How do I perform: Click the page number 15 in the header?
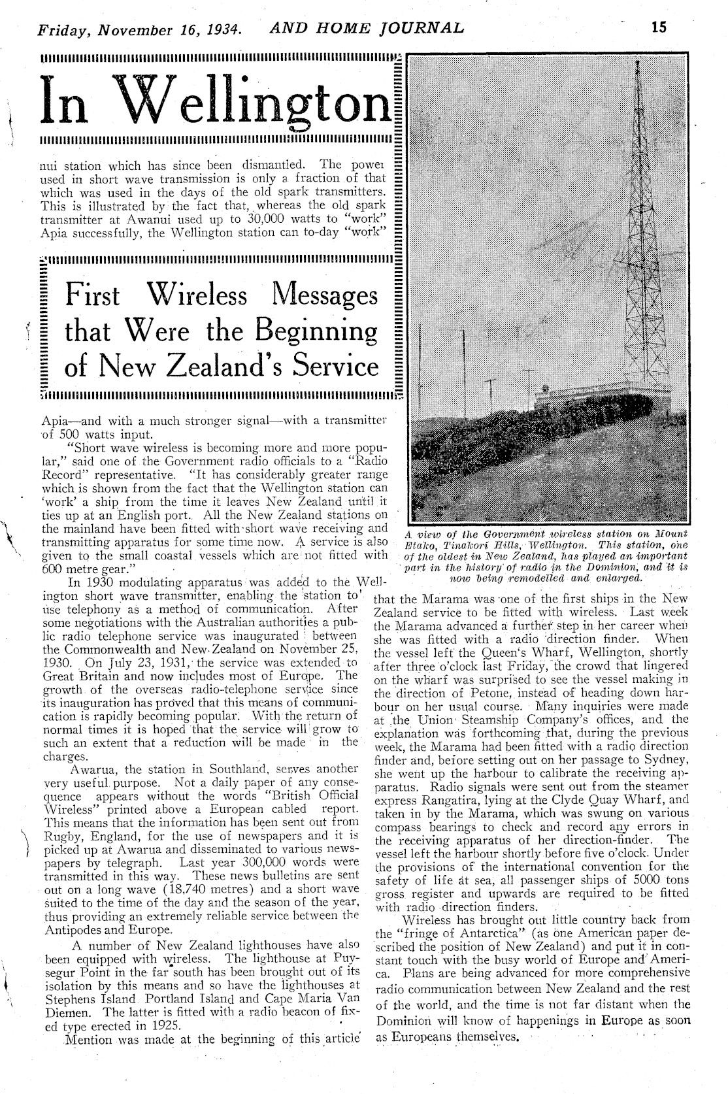[657, 27]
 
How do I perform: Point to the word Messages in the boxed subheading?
[323, 295]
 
